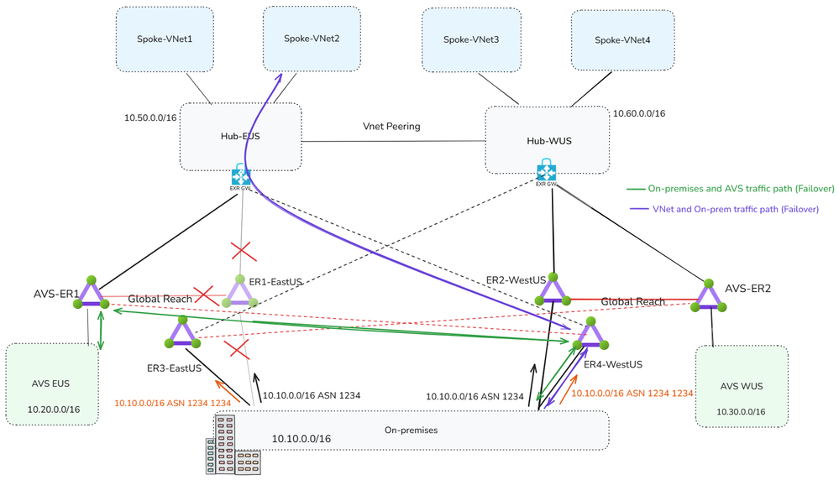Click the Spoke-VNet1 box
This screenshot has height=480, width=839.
[165, 39]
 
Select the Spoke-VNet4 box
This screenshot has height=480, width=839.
[622, 40]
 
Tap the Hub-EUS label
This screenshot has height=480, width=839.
[240, 136]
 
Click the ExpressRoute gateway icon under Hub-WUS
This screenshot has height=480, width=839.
[547, 172]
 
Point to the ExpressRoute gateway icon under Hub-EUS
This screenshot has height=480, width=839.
[241, 178]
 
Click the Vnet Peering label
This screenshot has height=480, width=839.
[391, 127]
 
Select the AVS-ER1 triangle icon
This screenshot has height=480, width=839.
[91, 294]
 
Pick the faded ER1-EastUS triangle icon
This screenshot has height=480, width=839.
[240, 292]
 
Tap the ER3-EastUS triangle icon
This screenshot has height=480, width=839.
[182, 332]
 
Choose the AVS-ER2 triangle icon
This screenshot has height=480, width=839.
[710, 296]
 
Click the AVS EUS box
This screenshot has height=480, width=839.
[52, 384]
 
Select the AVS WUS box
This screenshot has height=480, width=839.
[742, 386]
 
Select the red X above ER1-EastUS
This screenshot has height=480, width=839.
[243, 250]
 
